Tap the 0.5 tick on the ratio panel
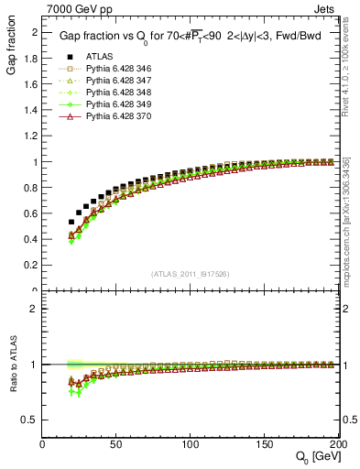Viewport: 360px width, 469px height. click(x=32, y=420)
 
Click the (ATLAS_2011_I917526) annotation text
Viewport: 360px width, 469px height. click(x=191, y=274)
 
